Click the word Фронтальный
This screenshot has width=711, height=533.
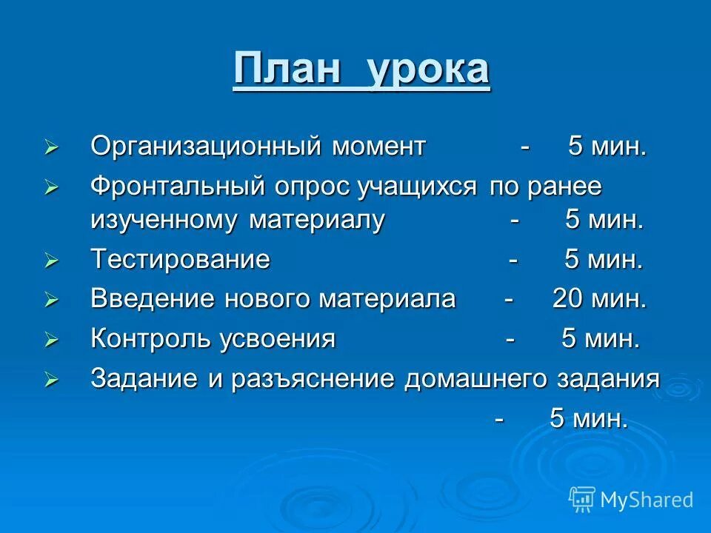coord(178,187)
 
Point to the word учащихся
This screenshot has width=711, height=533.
coord(417,187)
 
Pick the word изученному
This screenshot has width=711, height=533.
coord(164,221)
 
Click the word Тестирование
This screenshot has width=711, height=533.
coord(180,260)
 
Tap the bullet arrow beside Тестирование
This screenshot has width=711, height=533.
coord(51,261)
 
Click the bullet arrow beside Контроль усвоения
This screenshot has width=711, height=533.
coord(51,340)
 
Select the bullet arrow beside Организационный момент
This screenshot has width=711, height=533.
coord(51,147)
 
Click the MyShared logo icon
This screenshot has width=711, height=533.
coord(582,499)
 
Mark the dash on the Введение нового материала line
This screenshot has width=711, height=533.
coord(509,300)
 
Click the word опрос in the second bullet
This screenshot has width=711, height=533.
coord(312,187)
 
